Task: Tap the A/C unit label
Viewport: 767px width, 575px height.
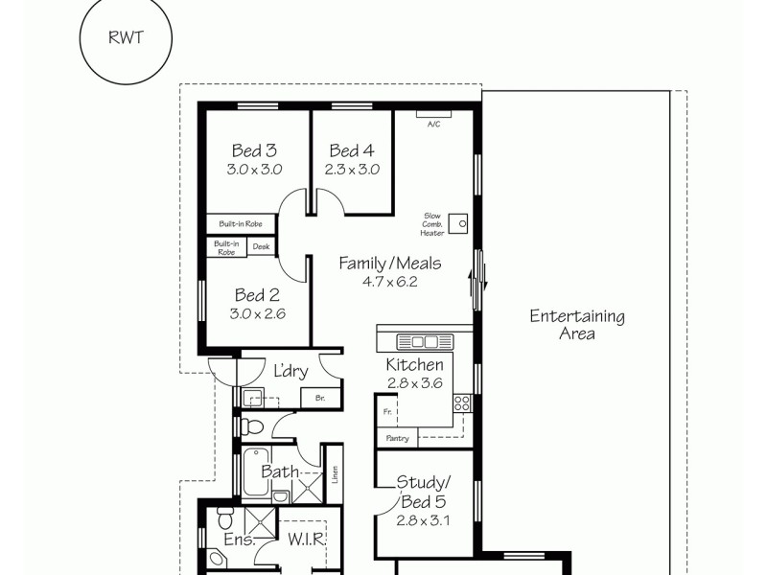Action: (x=433, y=124)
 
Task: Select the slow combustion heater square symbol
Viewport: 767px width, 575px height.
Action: (x=462, y=225)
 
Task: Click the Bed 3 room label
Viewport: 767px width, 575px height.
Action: (x=254, y=150)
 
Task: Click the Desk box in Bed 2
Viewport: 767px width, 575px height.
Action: (x=261, y=247)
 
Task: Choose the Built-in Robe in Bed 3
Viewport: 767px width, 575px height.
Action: (x=241, y=223)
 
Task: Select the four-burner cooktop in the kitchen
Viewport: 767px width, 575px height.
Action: (x=462, y=402)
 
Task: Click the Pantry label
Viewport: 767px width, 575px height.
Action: (x=398, y=439)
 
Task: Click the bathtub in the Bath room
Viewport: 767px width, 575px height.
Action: (x=255, y=472)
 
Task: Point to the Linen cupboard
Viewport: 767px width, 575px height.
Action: (x=335, y=473)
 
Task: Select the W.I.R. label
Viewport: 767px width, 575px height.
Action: (x=307, y=540)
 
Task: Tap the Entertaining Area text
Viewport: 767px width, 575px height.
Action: (x=577, y=325)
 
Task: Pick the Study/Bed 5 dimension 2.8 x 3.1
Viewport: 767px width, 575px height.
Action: (x=423, y=521)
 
